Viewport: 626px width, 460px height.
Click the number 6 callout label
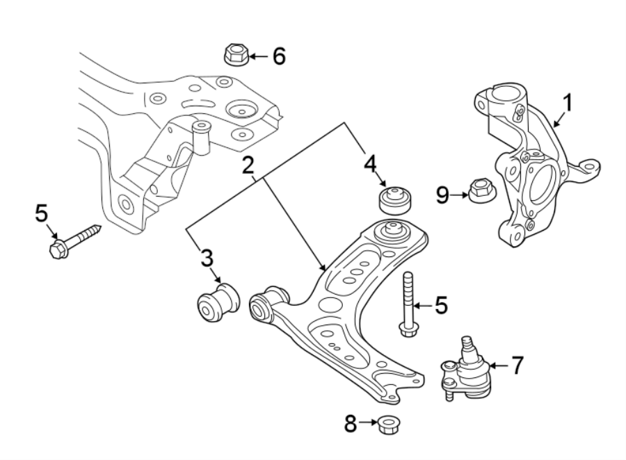click(278, 56)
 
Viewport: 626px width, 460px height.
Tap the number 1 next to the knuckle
click(568, 104)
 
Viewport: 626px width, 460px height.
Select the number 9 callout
click(443, 195)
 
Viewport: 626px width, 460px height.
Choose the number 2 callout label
click(247, 166)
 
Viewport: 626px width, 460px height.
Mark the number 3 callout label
click(207, 260)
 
